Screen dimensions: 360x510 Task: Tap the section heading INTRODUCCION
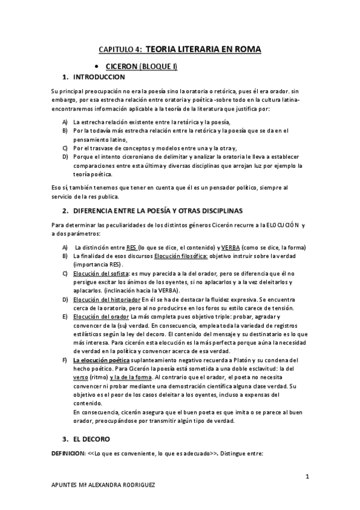click(x=99, y=78)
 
